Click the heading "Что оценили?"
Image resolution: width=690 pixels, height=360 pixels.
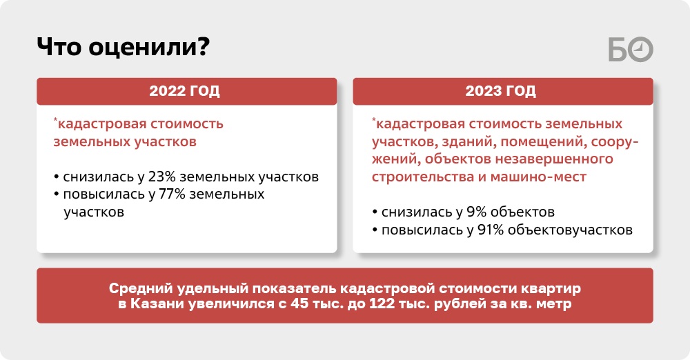(x=124, y=47)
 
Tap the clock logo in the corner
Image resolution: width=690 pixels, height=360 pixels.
(x=631, y=49)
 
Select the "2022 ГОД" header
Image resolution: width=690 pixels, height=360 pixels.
(x=184, y=90)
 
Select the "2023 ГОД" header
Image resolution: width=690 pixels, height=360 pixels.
(x=501, y=90)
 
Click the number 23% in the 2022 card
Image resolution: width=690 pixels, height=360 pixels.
(x=161, y=177)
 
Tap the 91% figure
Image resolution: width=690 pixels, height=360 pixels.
(x=491, y=230)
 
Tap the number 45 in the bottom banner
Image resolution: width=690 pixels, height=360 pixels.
(x=299, y=303)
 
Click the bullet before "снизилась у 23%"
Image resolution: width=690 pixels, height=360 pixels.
(x=57, y=177)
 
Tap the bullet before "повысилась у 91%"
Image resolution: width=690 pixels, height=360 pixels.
(x=375, y=230)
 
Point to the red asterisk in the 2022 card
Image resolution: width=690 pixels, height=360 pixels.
(x=55, y=120)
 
